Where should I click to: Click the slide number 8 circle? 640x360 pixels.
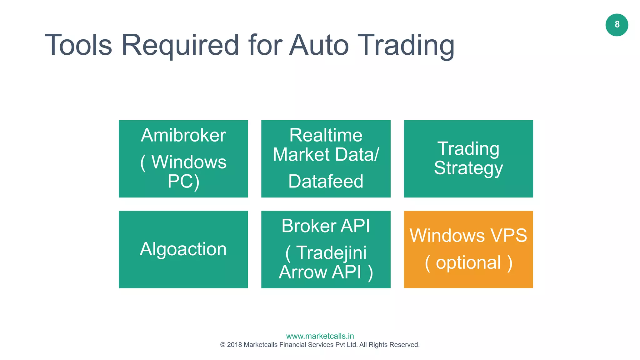(x=617, y=25)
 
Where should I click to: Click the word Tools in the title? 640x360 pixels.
(x=78, y=45)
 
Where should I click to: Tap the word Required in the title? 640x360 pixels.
(x=180, y=45)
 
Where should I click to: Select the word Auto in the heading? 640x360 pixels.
(x=319, y=45)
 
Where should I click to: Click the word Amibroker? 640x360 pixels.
(x=183, y=135)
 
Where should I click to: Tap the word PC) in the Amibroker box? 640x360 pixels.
(x=183, y=181)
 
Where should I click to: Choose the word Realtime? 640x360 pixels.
(x=326, y=135)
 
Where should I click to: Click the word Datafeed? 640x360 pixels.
(x=326, y=181)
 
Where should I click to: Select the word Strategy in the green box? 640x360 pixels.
(x=468, y=168)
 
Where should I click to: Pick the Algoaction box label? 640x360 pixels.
(x=183, y=249)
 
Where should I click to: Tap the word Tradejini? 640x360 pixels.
(x=331, y=252)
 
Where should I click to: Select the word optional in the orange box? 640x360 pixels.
(x=468, y=262)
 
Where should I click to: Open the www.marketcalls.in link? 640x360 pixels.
(x=320, y=336)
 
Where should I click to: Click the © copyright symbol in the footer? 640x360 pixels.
(x=223, y=345)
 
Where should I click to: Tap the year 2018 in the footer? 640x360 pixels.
(x=234, y=345)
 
